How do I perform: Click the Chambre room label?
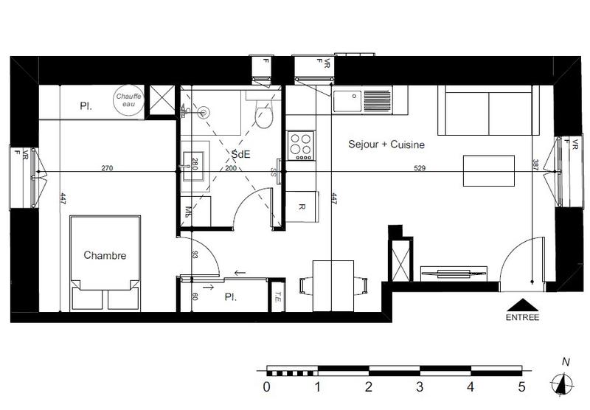pos(105,256)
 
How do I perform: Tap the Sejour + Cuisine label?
pos(386,145)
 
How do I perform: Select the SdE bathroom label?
pos(240,154)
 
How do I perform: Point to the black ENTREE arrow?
pos(523,304)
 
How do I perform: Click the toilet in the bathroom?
pos(263,114)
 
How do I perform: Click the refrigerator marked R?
pos(302,207)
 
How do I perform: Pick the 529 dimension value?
pos(420,168)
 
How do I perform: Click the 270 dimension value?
pos(107,168)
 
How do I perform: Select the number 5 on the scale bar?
pos(521,386)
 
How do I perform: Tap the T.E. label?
pos(277,298)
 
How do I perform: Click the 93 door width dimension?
pos(194,255)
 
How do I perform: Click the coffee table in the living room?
pos(488,171)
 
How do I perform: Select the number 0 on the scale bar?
pos(266,386)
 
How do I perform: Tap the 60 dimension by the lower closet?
pos(194,296)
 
